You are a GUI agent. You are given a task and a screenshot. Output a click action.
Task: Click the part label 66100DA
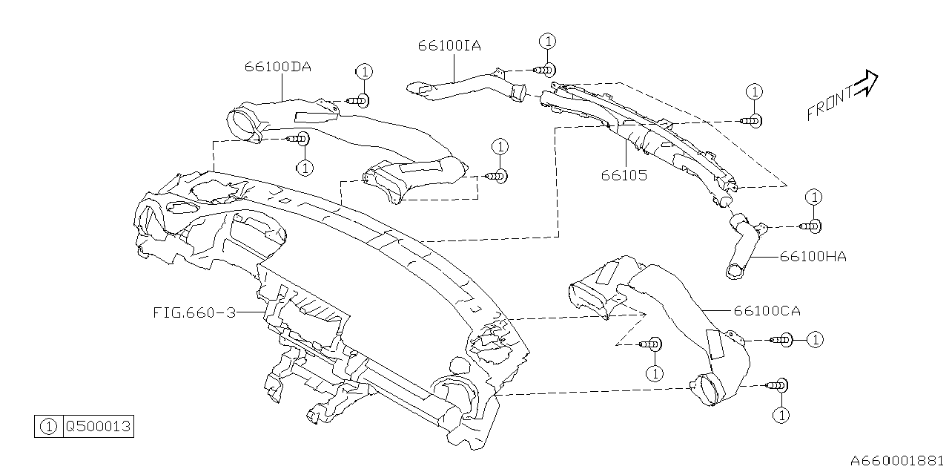(x=277, y=66)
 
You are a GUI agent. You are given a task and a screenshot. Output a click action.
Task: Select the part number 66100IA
(x=449, y=45)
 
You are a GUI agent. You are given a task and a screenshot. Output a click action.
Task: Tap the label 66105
(x=624, y=176)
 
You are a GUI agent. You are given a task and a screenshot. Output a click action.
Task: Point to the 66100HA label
(x=813, y=257)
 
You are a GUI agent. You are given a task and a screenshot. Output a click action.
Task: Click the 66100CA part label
(x=767, y=311)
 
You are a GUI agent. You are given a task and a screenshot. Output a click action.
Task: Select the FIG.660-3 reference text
(x=194, y=312)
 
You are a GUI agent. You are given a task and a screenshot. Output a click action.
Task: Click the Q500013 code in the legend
(x=99, y=427)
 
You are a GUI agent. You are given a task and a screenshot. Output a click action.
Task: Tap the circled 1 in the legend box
(x=48, y=427)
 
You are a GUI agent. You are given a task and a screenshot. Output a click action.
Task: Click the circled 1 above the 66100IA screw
(x=547, y=41)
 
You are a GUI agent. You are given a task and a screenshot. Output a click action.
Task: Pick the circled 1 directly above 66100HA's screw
(x=814, y=197)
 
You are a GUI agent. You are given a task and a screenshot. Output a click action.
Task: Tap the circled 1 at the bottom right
(x=780, y=414)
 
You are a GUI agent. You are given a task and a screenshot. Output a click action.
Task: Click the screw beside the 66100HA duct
(x=811, y=226)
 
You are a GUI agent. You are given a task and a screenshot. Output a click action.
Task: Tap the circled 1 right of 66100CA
(x=815, y=339)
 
